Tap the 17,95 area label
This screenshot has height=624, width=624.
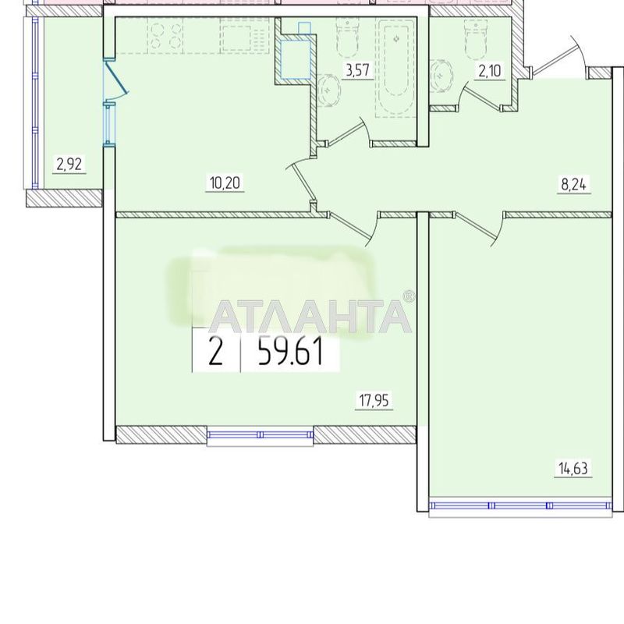(x=374, y=402)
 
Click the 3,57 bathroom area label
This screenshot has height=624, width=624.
(x=357, y=71)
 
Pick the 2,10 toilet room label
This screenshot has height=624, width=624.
(x=490, y=72)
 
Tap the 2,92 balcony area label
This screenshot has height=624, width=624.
(x=68, y=164)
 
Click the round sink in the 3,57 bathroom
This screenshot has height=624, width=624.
(x=330, y=89)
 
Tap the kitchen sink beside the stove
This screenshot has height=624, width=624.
(x=236, y=34)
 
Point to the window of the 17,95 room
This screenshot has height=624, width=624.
(x=261, y=435)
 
